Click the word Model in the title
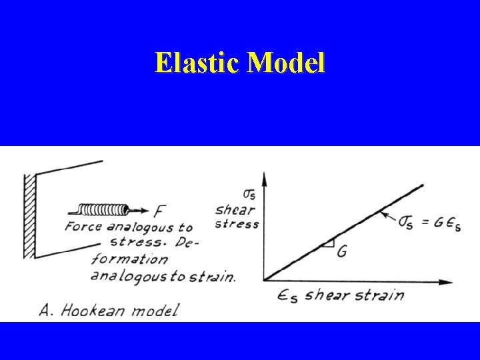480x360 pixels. click(286, 63)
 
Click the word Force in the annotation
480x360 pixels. click(83, 227)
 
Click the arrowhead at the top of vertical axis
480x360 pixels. click(265, 177)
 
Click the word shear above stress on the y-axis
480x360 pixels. click(235, 210)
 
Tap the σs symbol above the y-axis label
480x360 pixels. click(249, 195)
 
